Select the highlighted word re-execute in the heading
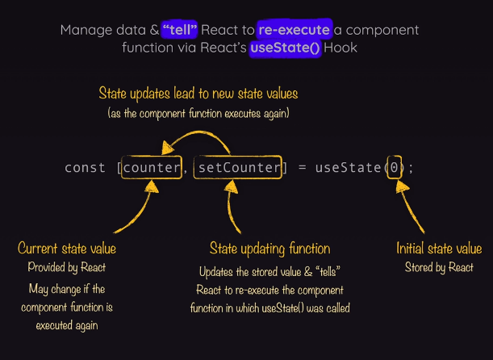295,30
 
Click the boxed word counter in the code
153,168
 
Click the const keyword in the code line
85,168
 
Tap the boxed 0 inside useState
394,168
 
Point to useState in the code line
348,168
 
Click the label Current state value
67,249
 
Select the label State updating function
269,249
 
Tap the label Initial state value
439,249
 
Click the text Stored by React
439,267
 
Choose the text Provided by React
67,267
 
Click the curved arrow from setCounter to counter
198,139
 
